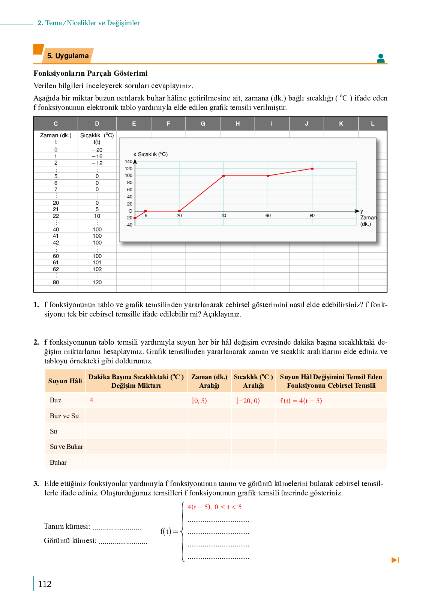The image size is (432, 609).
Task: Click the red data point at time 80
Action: [x=312, y=169]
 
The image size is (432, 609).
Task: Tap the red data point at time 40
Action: [x=223, y=175]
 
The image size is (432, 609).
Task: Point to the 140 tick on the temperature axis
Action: [x=129, y=162]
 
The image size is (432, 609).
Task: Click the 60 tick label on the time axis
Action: [x=268, y=216]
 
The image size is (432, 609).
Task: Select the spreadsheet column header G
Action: [x=203, y=123]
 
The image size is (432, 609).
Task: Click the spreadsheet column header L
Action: [x=372, y=123]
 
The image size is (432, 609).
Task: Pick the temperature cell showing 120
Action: [x=97, y=282]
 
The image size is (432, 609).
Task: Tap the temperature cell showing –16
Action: [x=97, y=156]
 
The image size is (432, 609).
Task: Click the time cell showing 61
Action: [x=56, y=262]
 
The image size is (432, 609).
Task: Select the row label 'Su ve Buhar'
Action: [x=66, y=447]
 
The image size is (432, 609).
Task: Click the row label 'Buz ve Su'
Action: [x=64, y=416]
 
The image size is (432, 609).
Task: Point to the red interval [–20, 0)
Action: [x=248, y=400]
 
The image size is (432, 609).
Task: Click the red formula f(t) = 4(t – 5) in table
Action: [x=301, y=400]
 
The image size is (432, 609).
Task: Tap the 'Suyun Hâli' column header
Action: [x=65, y=381]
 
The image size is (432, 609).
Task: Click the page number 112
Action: [x=45, y=584]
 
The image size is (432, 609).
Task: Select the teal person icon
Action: [x=381, y=58]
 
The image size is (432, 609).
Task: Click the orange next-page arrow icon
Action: [x=395, y=560]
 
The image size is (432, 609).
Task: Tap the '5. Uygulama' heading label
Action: [x=68, y=56]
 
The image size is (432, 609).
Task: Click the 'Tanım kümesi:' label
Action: [x=67, y=526]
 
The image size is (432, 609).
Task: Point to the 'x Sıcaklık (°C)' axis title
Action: [x=150, y=154]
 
